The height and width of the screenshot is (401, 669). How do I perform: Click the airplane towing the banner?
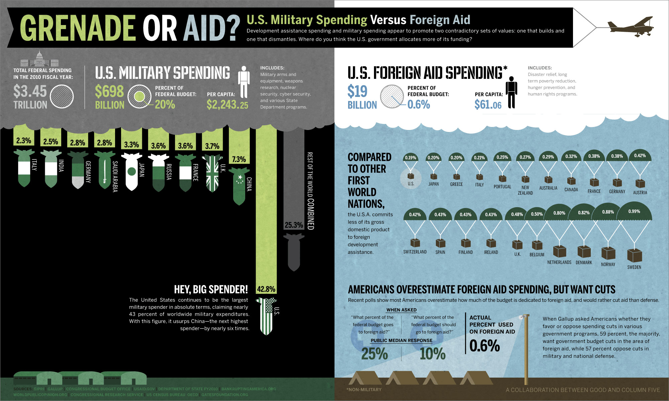631,26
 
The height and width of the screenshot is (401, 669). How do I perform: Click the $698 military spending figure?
109,91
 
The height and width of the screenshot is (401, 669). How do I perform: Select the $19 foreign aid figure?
357,91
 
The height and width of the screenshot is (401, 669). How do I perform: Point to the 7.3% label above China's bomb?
239,159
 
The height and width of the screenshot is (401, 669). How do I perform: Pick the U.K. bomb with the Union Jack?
212,173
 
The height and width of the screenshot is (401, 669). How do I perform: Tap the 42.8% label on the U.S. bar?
266,289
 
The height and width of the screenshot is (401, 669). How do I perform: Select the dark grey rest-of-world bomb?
294,252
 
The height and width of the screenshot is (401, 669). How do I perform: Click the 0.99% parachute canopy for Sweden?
634,212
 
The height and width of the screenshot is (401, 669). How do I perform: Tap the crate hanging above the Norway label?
608,253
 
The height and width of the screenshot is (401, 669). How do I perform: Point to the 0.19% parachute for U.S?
410,157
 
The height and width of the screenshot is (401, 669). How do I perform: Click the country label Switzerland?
415,252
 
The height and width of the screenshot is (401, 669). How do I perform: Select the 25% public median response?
374,354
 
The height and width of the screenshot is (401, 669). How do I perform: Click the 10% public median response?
433,354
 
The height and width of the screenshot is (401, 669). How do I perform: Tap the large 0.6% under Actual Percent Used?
484,346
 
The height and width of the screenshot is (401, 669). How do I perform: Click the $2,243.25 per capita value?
227,105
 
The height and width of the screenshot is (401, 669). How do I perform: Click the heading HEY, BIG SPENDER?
211,289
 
